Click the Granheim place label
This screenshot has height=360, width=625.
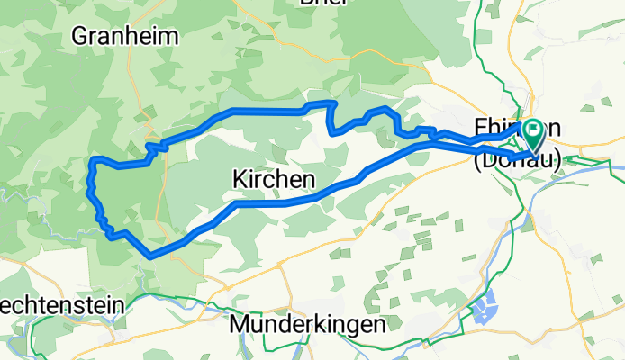[x=125, y=37]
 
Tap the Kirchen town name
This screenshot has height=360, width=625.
[x=274, y=179]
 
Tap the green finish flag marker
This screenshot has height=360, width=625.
[x=532, y=135]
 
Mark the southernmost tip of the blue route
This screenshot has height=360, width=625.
[x=149, y=256]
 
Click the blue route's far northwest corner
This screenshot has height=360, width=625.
[x=94, y=160]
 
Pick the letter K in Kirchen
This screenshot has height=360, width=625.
[x=240, y=179]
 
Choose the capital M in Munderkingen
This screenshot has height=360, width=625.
[x=240, y=322]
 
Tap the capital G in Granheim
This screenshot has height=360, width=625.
[x=78, y=37]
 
